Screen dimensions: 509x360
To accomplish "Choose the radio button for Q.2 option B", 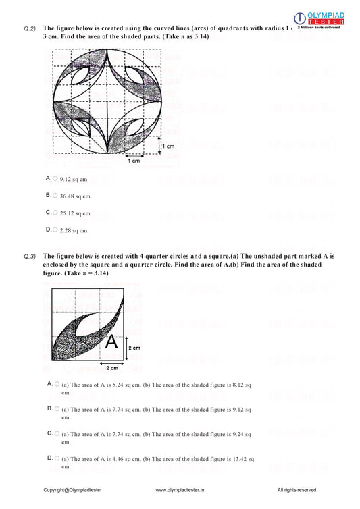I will tap(55, 195).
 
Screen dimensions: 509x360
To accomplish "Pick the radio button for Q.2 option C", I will tap(55, 212).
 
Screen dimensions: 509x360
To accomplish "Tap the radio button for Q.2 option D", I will tap(55, 230).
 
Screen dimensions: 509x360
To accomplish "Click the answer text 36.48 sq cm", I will tap(75, 196).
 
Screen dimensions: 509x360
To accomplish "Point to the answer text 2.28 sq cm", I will tap(73, 230).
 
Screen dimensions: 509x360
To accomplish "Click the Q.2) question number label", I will tap(29, 29).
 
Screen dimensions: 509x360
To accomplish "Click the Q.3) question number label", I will tap(29, 257).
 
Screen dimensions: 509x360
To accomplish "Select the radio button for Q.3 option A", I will tap(56, 383).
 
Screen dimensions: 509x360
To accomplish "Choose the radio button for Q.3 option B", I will tap(56, 408).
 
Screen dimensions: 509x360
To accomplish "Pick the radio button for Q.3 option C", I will tap(56, 433).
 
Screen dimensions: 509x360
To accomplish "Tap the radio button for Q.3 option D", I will tap(56, 458).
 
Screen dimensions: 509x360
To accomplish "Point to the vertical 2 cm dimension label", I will tap(135, 347).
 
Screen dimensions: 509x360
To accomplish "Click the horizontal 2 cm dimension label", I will tap(113, 368).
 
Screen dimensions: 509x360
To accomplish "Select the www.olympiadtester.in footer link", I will tap(180, 490).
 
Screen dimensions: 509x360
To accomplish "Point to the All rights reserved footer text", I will tap(297, 490).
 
